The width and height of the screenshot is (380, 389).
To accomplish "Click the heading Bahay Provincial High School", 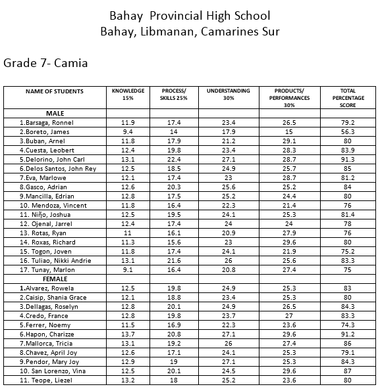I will point(190,14).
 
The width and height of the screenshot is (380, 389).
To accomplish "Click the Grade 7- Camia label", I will point(45,64).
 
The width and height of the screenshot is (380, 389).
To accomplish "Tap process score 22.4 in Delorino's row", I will point(174,159).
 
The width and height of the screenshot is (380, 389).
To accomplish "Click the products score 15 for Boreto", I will point(288,131).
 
